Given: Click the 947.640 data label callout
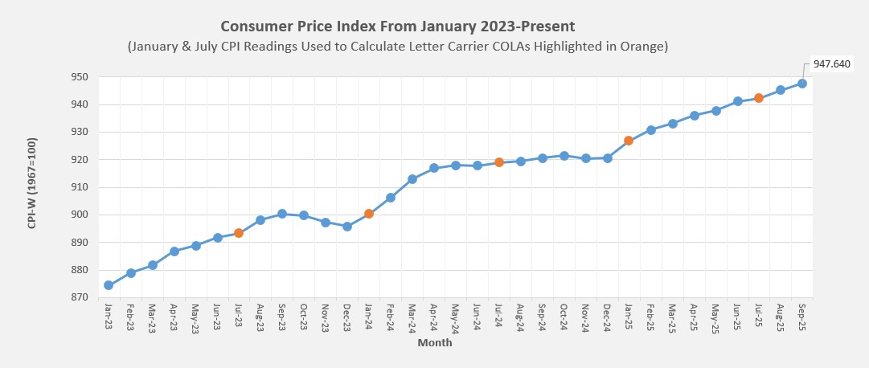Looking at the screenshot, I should coord(831,63).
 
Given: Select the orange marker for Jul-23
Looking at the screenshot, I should coord(239,233).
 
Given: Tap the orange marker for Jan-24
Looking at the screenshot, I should coord(369,214).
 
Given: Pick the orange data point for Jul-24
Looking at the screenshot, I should coord(499,162).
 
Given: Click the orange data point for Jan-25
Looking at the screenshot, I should coord(629,141).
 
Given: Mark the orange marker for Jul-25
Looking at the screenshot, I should coord(758,98).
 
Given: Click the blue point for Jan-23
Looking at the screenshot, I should coord(109,285).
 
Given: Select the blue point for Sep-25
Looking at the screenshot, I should coord(802,84).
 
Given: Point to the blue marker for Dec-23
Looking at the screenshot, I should coord(347,227).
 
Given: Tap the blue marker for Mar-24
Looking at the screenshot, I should coord(412,179).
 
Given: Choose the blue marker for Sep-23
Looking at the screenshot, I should coord(282,214).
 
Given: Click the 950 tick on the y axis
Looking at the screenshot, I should coord(79,77).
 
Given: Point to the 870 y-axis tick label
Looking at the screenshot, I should coord(79,297).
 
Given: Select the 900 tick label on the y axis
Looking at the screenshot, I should coord(79,215).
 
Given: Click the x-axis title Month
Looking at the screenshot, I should coord(434,343).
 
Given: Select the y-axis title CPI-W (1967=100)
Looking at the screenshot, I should coord(32,187).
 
